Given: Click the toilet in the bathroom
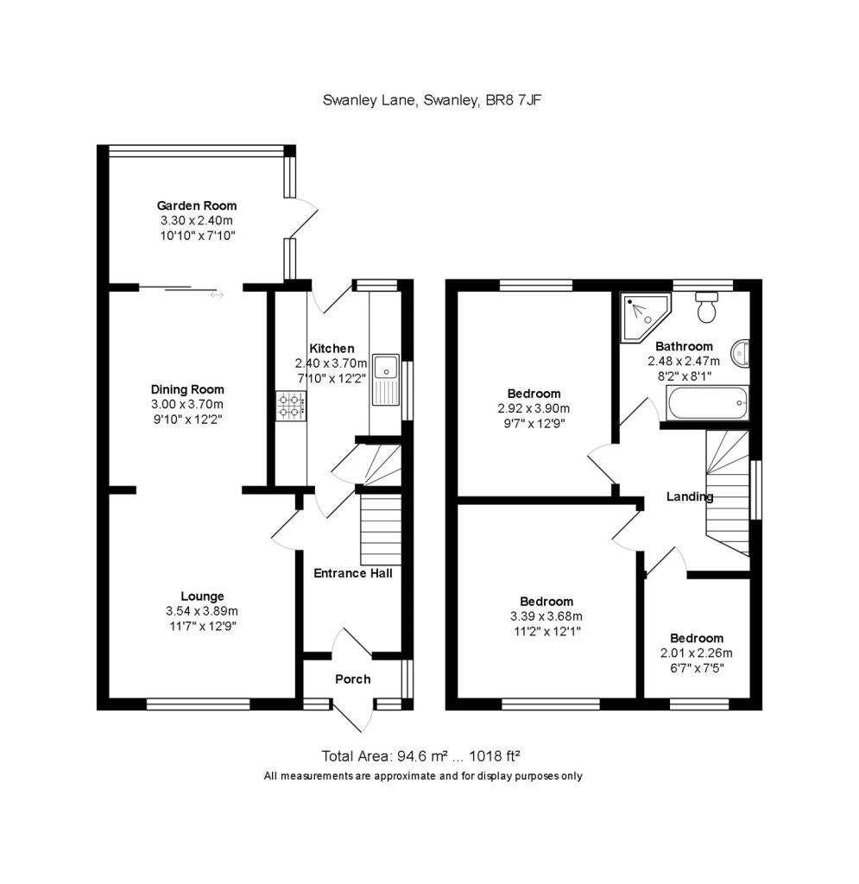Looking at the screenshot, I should [708, 307].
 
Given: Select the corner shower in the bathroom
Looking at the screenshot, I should [639, 314].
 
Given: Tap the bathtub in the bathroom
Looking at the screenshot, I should [704, 401].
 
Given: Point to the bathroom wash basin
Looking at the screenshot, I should [740, 353].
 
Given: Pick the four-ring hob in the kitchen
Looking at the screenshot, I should [291, 406].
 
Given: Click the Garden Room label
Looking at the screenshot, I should [196, 205].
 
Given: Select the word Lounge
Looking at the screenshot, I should [202, 596].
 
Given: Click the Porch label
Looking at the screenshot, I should [352, 679].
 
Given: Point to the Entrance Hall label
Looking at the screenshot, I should [352, 572].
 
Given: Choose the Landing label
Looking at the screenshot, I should [689, 496].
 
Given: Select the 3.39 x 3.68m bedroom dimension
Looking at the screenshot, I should [546, 616].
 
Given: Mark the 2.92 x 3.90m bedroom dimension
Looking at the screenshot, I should [534, 408].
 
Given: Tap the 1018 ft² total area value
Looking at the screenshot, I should [490, 756].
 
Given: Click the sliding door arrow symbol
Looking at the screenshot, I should [216, 295].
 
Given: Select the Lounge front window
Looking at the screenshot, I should [198, 704].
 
